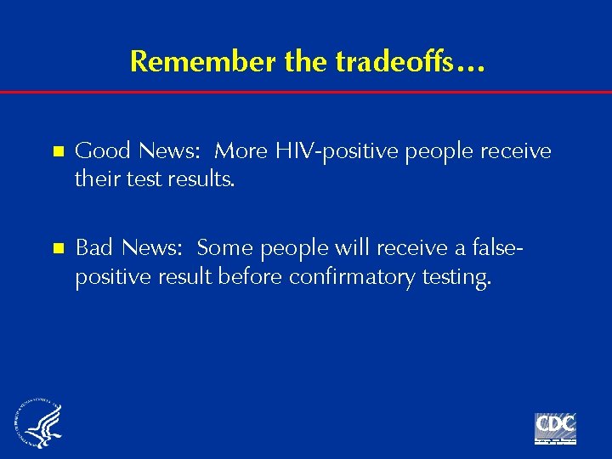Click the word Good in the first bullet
102,151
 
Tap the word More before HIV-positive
241,151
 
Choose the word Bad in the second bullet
94,247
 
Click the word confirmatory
360,277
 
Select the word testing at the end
460,277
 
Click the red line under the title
306,92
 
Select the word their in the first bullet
96,180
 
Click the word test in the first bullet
140,180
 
